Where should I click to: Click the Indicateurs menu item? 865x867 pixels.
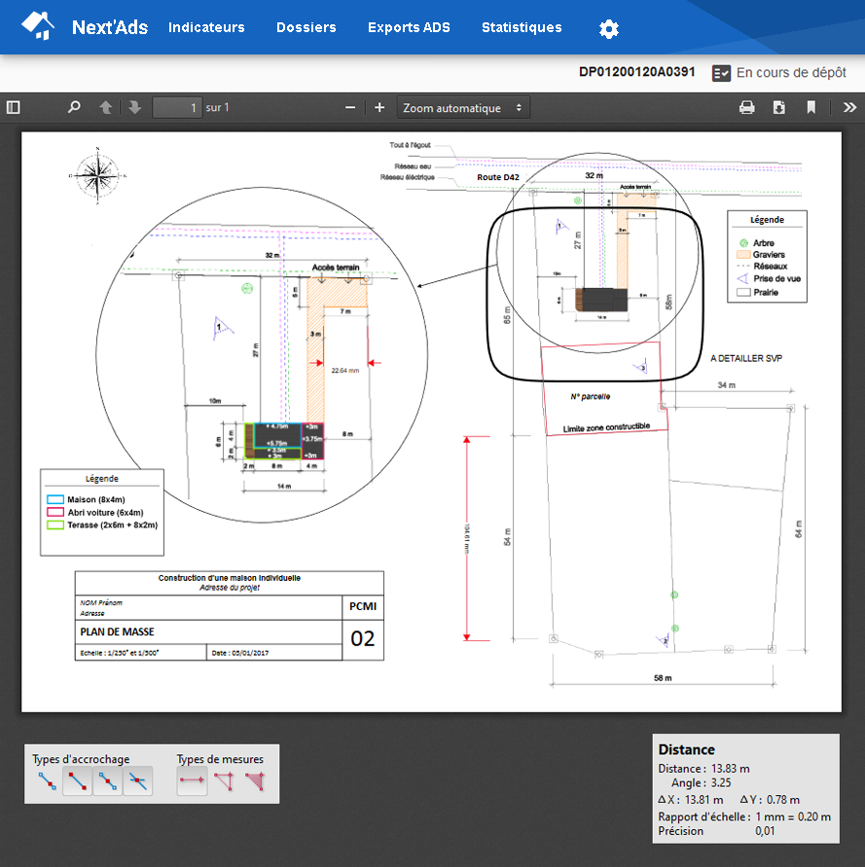206,27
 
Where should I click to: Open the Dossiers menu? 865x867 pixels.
306,27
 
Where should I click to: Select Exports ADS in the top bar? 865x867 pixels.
409,27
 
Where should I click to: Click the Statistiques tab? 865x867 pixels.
522,27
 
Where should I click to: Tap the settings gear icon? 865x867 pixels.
609,28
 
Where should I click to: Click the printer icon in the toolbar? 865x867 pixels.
746,108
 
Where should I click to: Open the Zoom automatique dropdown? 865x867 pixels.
463,108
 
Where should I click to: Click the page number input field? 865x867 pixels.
177,108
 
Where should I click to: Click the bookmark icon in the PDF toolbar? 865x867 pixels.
811,108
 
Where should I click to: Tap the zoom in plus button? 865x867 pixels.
379,108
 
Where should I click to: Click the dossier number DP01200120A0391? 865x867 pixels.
637,72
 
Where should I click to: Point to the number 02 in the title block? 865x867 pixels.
362,639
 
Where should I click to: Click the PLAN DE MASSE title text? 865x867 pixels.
117,631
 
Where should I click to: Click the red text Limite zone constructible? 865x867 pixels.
606,426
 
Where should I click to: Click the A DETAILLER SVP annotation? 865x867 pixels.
746,359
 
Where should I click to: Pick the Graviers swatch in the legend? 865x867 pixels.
744,255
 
